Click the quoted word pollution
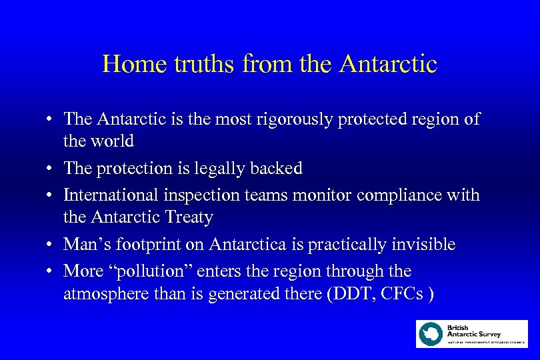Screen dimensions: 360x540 click(151, 271)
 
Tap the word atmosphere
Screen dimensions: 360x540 click(103, 294)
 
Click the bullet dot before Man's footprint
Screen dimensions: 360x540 click(50, 245)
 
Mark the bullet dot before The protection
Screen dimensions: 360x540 click(50, 169)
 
